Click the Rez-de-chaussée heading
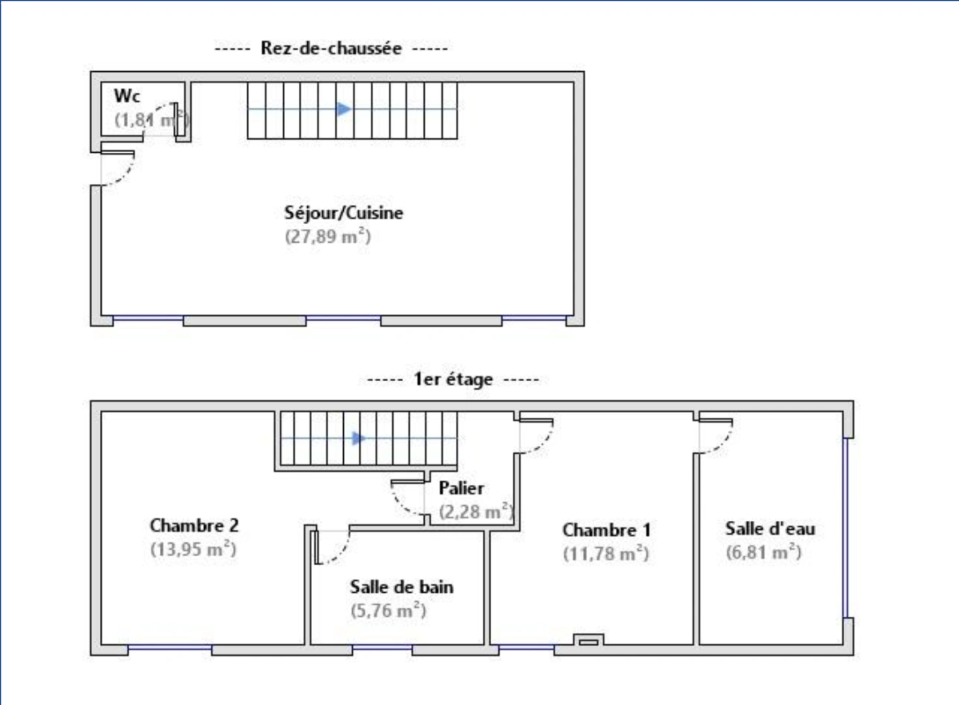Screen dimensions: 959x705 pyautogui.click(x=331, y=48)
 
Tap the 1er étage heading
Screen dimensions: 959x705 pyautogui.click(x=453, y=379)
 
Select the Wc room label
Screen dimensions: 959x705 pyautogui.click(x=127, y=96)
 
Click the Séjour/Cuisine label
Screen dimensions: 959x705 pyautogui.click(x=344, y=213)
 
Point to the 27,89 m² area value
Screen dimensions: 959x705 pyautogui.click(x=327, y=236)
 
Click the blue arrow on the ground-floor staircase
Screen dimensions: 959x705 pyautogui.click(x=344, y=109)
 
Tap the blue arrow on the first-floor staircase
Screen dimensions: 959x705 pyautogui.click(x=359, y=439)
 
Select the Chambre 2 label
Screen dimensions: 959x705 pyautogui.click(x=194, y=525)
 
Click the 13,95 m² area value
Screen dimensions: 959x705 pyautogui.click(x=193, y=549)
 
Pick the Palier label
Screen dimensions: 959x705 pyautogui.click(x=461, y=488)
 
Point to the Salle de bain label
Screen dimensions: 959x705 pyautogui.click(x=402, y=587)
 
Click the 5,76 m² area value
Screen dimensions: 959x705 pyautogui.click(x=388, y=610)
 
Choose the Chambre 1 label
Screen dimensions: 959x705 pyautogui.click(x=606, y=530)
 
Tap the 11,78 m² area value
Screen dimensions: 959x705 pyautogui.click(x=606, y=554)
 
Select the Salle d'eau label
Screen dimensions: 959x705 pyautogui.click(x=770, y=529)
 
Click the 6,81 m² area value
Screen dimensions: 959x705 pyautogui.click(x=763, y=552)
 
